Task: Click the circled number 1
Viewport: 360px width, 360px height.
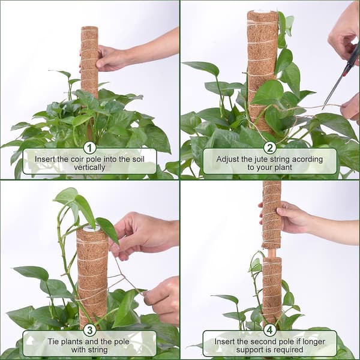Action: (x=89, y=148)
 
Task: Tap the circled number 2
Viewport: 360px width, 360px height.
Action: (x=270, y=148)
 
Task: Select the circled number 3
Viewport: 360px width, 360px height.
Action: (x=89, y=330)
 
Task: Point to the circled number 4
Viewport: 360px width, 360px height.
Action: (x=270, y=330)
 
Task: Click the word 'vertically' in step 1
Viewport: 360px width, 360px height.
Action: (x=89, y=167)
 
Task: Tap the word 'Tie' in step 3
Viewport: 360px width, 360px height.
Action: (x=52, y=341)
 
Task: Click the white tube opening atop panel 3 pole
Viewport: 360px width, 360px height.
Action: (x=92, y=228)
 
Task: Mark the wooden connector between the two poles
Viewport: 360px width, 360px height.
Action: (x=272, y=253)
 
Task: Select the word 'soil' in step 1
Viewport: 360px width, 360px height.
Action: (x=138, y=159)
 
